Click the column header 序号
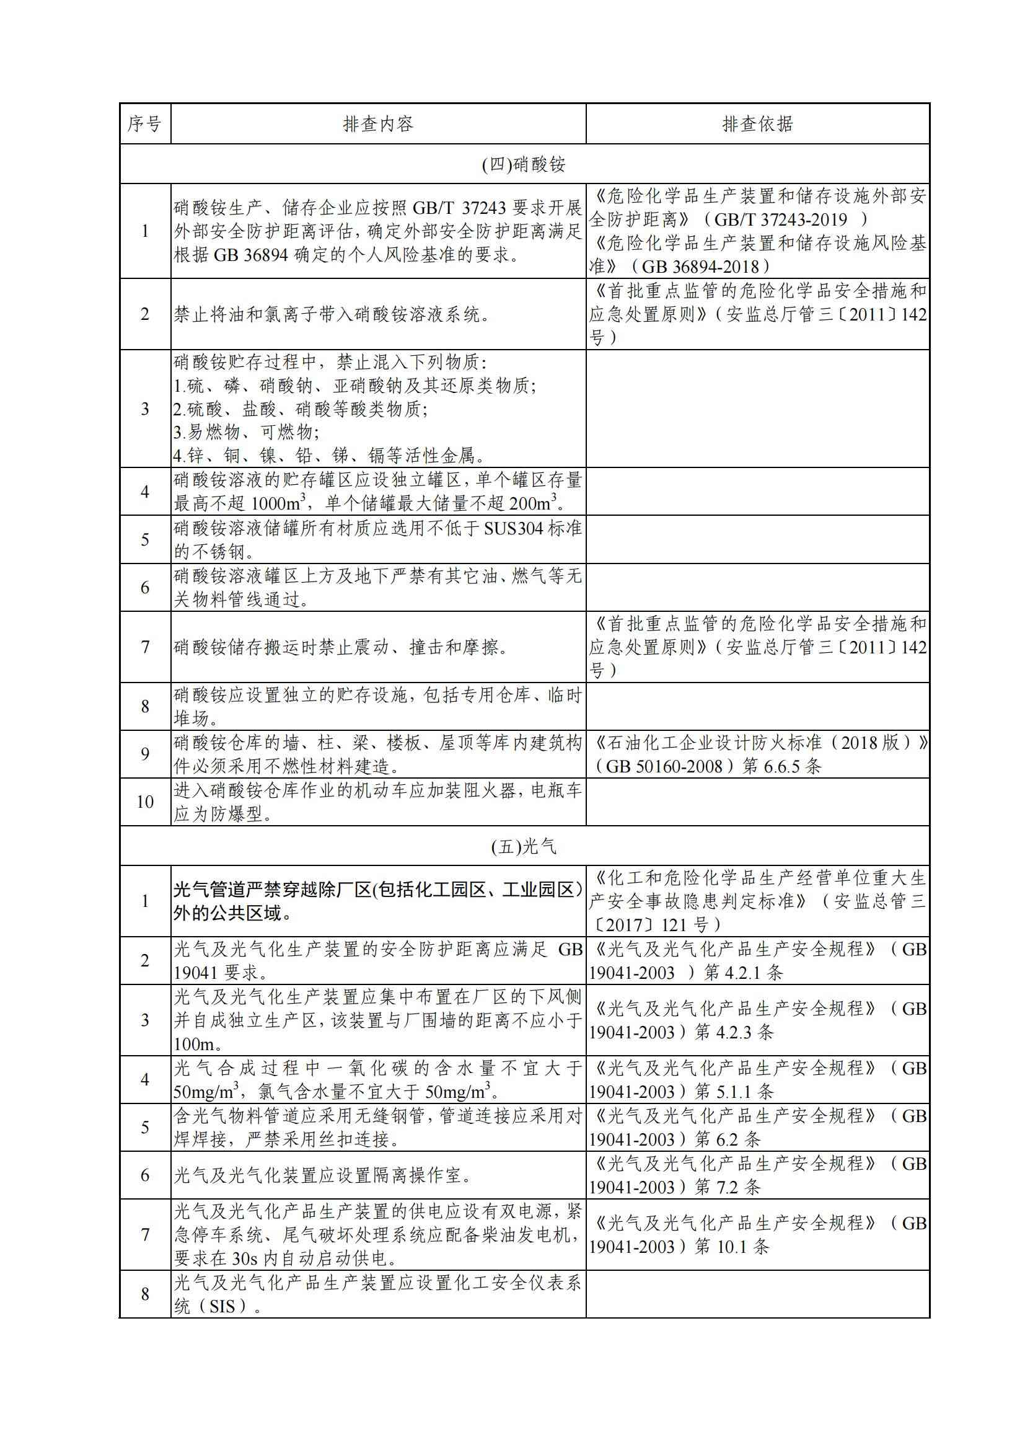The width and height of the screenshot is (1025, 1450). coord(144,124)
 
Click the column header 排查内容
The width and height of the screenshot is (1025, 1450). coord(378,124)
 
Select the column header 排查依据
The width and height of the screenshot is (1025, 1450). coord(757,124)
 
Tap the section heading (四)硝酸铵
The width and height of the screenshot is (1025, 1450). coord(524,164)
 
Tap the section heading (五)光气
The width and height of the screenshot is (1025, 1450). coord(524,846)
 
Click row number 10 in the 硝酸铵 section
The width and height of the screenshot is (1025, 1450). coord(144,802)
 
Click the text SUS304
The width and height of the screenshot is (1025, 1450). coord(513,528)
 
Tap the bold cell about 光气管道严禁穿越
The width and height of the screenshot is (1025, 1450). coord(377,901)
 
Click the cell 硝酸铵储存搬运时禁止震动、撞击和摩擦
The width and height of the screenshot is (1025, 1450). coord(341,647)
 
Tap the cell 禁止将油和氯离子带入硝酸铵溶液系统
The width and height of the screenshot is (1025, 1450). coord(332,314)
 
